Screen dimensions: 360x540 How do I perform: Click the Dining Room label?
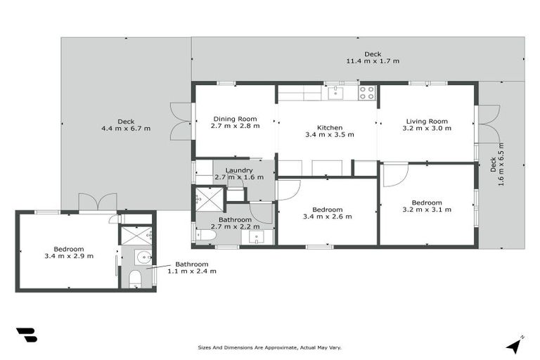tap(235, 119)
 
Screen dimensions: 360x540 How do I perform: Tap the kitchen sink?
tap(335, 90)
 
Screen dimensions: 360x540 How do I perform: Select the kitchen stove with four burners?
tap(366, 92)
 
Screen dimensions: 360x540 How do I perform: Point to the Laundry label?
tap(239, 170)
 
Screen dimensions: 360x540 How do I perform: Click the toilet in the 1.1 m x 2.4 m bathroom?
tap(136, 280)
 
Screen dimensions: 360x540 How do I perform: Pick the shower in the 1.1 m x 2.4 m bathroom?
tap(136, 235)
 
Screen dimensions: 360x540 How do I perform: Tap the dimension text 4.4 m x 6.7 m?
tap(126, 129)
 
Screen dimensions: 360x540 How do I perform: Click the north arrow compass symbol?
tap(514, 345)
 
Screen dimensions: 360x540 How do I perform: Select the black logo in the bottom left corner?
tap(26, 335)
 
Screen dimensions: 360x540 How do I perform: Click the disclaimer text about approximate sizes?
tap(270, 347)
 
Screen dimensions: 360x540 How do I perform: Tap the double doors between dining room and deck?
tap(181, 121)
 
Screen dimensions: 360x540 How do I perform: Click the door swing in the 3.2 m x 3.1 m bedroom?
tap(394, 175)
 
